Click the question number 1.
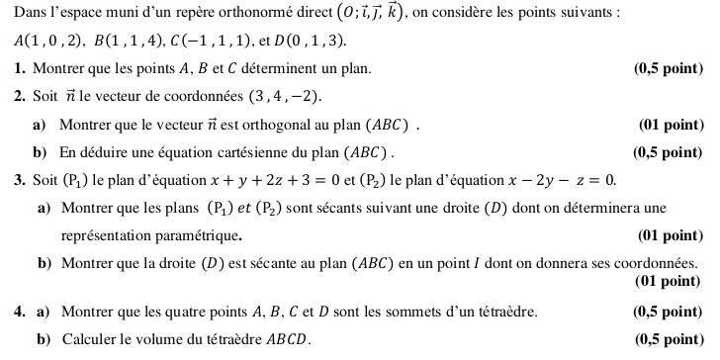tap(20, 70)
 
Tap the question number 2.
tap(20, 98)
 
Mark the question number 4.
tap(20, 313)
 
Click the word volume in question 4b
tap(171, 340)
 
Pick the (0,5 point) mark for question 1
tap(668, 70)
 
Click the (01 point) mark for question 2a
tap(672, 126)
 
